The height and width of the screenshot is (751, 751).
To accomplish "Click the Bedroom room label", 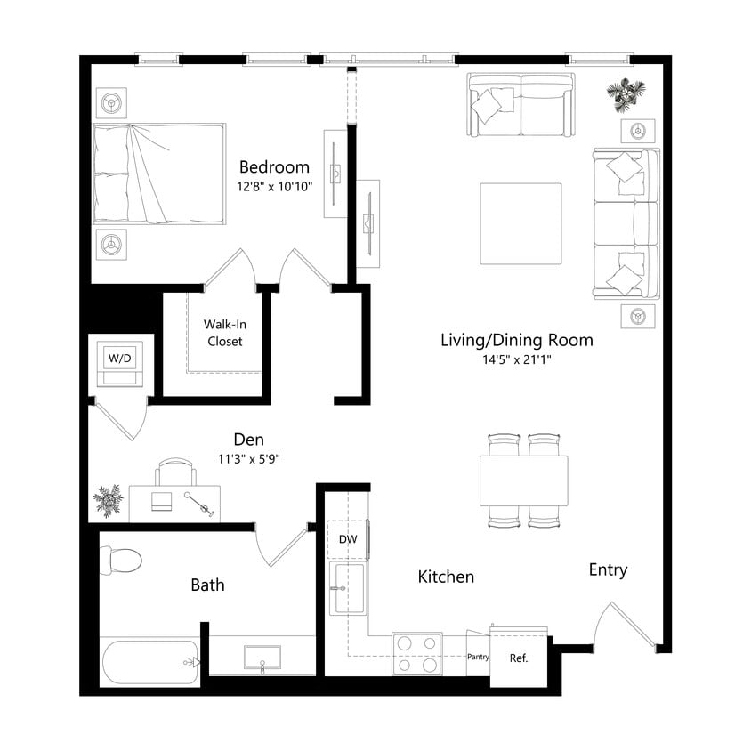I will click(274, 167).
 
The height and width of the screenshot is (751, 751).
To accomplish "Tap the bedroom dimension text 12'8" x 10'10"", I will click(274, 188).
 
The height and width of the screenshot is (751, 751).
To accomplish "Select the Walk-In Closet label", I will click(223, 333).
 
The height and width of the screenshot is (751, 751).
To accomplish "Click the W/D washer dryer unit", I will click(118, 364).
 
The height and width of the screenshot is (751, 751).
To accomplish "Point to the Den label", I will click(248, 439).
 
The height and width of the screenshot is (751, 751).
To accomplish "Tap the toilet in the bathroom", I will click(120, 560).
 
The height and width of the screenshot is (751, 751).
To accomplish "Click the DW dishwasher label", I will click(347, 539).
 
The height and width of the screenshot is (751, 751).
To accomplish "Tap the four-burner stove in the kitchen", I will click(417, 653).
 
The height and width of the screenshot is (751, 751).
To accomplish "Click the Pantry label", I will click(478, 657).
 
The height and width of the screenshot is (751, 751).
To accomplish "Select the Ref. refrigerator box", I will click(519, 659).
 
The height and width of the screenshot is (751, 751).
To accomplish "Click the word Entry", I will click(608, 570).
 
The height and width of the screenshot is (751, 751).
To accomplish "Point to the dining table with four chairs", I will click(523, 480).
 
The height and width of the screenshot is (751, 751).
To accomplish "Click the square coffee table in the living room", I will click(521, 223).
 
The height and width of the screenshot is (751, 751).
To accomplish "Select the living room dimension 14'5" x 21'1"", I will click(516, 361).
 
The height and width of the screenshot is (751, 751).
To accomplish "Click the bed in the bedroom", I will click(159, 173).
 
